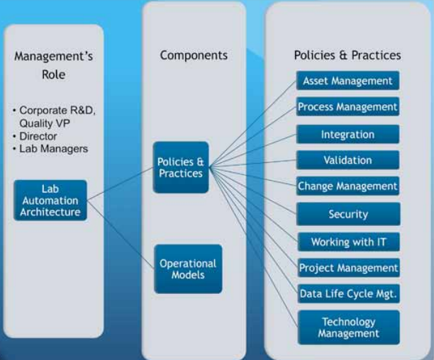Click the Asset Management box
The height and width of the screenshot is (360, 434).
(x=347, y=81)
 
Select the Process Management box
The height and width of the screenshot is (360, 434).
(x=347, y=106)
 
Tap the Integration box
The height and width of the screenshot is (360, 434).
(x=347, y=135)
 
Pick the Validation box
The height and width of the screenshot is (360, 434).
(x=347, y=160)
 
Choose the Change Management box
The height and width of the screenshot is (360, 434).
(x=347, y=186)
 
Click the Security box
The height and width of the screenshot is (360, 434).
(x=348, y=214)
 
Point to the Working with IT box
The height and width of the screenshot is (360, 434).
(x=348, y=242)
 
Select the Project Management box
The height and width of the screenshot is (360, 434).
(x=348, y=268)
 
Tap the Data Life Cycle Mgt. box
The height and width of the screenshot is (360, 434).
(x=348, y=293)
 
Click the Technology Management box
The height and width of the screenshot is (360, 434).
(x=348, y=327)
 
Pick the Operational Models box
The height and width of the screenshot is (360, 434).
(x=188, y=269)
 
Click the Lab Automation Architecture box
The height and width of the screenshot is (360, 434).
(x=50, y=201)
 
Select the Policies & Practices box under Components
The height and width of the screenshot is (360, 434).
(x=181, y=167)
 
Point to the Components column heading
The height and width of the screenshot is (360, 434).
(x=194, y=55)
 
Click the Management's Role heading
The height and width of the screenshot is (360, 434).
(x=53, y=65)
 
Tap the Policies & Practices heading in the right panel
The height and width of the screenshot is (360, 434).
(x=347, y=55)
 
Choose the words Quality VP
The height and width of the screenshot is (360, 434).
(x=44, y=123)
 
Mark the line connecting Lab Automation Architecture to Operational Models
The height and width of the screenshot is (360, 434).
(x=121, y=234)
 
